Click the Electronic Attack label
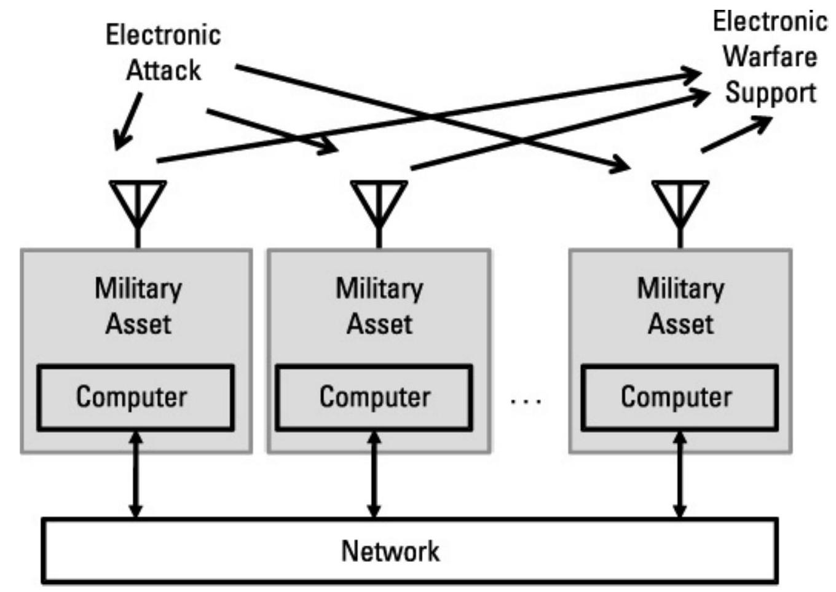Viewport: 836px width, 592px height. click(163, 52)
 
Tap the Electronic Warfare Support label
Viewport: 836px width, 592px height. click(770, 57)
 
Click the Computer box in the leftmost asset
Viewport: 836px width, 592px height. click(135, 397)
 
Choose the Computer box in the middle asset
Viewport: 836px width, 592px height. click(374, 397)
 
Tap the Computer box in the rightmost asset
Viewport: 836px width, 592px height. click(679, 397)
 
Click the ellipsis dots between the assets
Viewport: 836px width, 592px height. click(526, 402)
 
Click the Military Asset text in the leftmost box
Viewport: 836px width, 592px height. click(138, 306)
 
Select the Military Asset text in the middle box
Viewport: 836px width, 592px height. click(379, 306)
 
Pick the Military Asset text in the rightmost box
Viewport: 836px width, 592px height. click(680, 306)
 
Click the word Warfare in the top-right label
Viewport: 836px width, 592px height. click(770, 57)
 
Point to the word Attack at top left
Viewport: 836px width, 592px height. click(164, 70)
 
